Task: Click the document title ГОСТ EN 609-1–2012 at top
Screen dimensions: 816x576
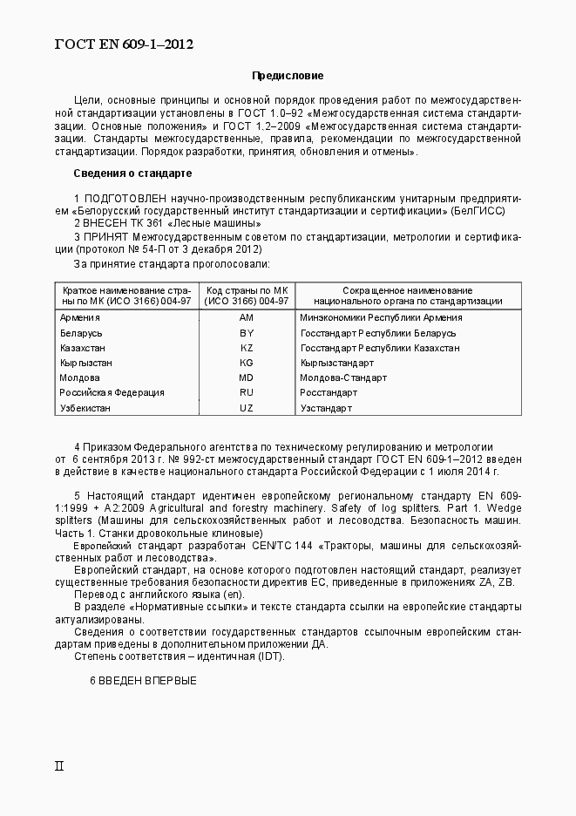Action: click(124, 44)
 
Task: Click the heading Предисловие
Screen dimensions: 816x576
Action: click(288, 77)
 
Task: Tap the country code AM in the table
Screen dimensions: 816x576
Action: click(246, 318)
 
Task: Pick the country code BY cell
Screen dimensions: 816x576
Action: click(246, 333)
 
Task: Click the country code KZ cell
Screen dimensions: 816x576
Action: click(246, 348)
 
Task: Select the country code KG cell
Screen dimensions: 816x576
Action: click(246, 363)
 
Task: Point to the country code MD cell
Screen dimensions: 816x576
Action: click(246, 377)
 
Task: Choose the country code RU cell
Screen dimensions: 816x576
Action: click(246, 392)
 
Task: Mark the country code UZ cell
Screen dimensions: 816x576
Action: click(246, 407)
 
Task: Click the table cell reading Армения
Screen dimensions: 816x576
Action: click(79, 318)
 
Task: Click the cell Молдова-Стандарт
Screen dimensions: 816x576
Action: click(342, 377)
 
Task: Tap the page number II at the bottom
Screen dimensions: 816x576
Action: click(59, 766)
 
